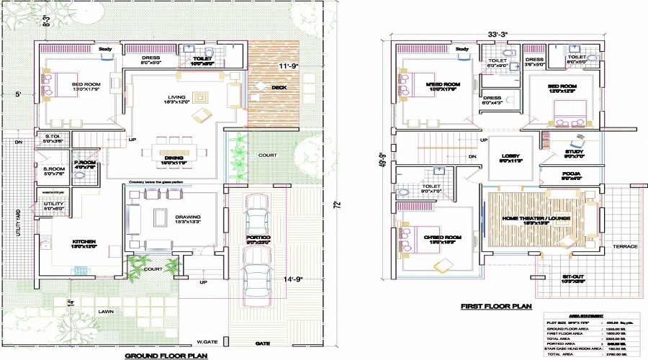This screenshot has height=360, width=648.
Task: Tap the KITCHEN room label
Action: pos(84,242)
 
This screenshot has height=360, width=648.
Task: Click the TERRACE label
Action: pos(625,247)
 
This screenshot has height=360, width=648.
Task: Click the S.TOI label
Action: pos(52,137)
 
